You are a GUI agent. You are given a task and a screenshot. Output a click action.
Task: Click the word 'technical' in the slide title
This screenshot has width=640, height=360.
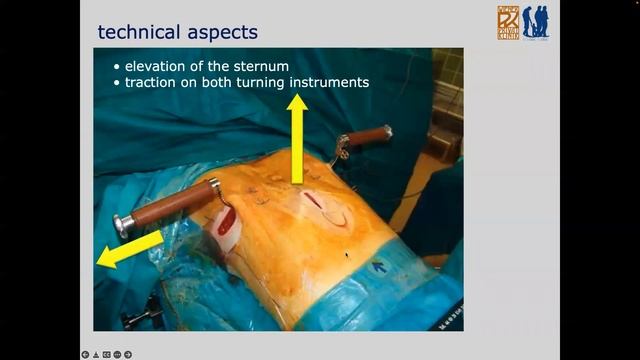(x=138, y=32)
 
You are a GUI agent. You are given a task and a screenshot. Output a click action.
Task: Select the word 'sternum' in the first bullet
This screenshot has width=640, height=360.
(x=261, y=66)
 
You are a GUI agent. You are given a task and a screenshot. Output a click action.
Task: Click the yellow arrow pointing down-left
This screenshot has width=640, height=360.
(x=128, y=249)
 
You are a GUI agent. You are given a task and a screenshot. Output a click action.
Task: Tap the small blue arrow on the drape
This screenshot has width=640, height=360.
(x=380, y=266)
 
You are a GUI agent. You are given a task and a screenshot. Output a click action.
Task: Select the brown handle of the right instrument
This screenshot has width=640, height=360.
(x=370, y=136)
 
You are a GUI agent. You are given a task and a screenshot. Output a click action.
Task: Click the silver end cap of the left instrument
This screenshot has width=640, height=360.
(x=123, y=225)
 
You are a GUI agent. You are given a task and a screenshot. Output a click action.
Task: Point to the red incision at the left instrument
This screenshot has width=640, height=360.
(x=227, y=220)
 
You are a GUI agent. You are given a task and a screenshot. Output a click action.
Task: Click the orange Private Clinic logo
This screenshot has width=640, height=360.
(x=508, y=22)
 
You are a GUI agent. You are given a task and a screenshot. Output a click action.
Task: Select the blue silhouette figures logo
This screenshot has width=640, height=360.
(x=535, y=22)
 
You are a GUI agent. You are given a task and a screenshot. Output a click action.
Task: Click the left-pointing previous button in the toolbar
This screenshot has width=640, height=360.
(x=86, y=354)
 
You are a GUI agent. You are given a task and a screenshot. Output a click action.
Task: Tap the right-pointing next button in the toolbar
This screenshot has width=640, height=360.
(x=128, y=354)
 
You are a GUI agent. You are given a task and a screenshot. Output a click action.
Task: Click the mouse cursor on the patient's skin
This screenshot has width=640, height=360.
(x=347, y=255)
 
